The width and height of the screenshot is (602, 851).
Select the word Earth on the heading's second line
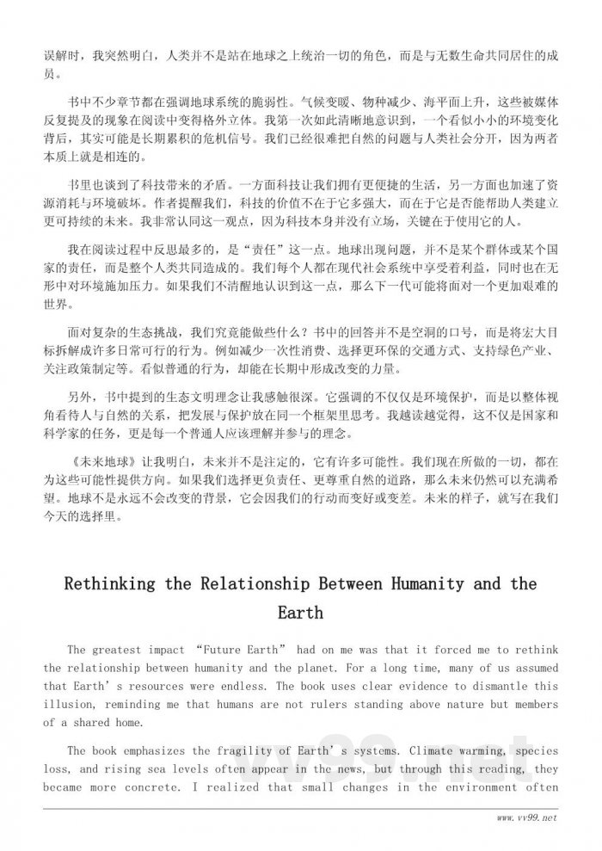click(x=300, y=613)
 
